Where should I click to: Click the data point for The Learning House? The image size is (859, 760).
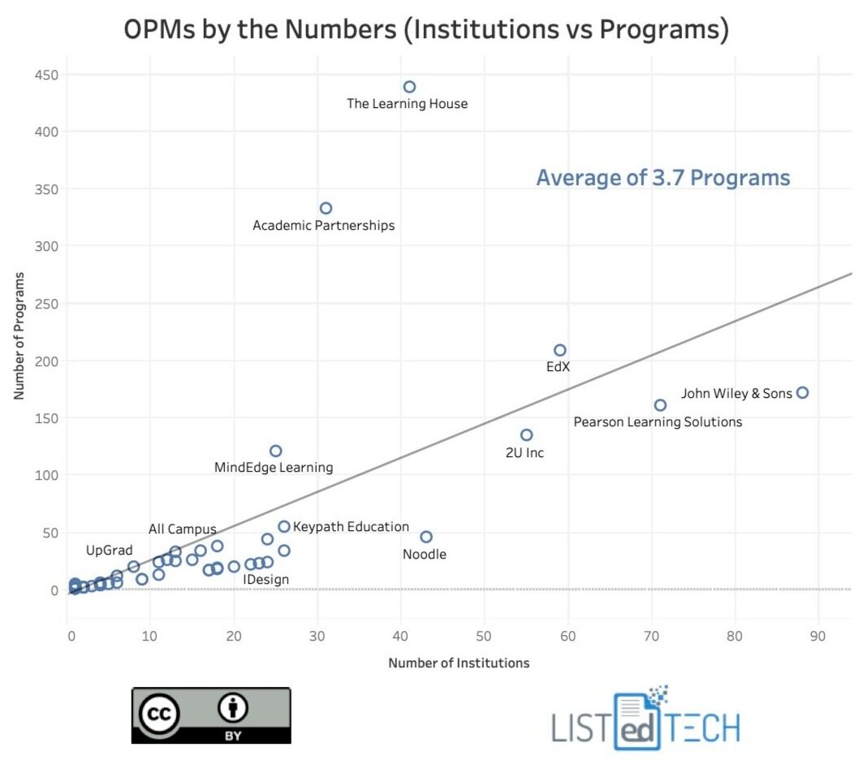pos(409,87)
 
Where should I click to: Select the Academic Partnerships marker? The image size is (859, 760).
pos(326,208)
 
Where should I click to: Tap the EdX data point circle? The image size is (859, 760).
pos(559,350)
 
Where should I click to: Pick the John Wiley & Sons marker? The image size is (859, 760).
pos(802,392)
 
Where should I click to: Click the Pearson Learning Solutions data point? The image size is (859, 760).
pos(660,404)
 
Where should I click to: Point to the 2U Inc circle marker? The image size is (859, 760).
pos(526,434)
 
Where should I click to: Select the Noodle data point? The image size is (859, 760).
pos(426,537)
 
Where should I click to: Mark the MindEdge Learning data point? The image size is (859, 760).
pos(275,451)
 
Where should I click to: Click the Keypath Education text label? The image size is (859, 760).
pos(351,527)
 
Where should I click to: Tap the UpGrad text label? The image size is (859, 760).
pos(110,551)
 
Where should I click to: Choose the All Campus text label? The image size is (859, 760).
pos(182,529)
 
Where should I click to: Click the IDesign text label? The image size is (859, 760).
pos(266,579)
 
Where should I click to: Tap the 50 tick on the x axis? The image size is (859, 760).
pos(485,634)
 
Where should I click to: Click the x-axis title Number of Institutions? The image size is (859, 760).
pos(459,663)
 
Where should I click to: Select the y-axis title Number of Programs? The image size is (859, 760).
pos(19,335)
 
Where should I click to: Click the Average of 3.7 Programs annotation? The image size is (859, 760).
pos(663,178)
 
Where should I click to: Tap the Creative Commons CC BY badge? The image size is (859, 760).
pos(211,715)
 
